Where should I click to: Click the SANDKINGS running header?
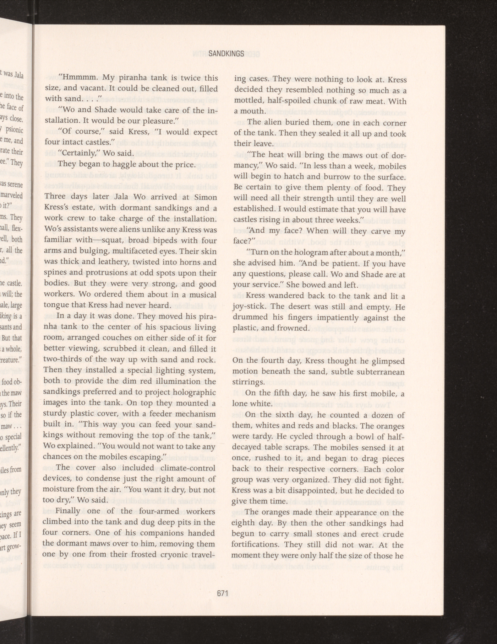(226, 54)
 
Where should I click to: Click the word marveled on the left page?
(12, 196)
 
